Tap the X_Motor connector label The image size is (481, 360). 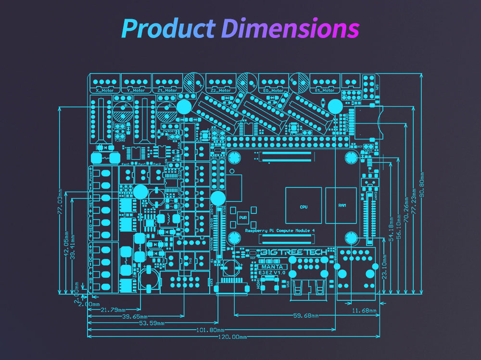tap(104, 90)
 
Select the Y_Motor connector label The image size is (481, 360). tap(136, 90)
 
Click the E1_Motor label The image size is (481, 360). tap(325, 90)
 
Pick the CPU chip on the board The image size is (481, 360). tap(304, 206)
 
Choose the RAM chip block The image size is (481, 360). tap(342, 206)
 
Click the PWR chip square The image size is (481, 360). tap(242, 217)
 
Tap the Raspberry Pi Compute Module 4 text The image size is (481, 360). tap(280, 231)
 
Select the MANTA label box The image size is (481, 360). tap(273, 266)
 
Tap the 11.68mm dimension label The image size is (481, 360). tap(364, 310)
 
